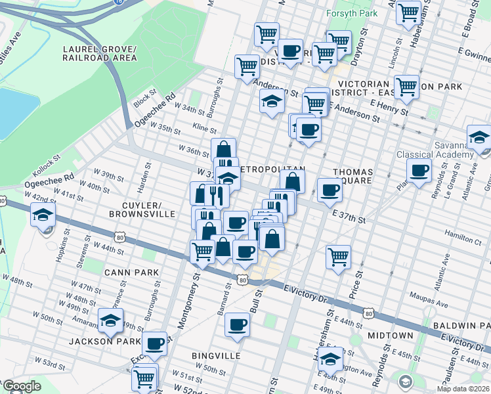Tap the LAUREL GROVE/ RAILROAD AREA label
click(100, 53)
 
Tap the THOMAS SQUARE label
click(352, 177)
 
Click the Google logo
click(22, 386)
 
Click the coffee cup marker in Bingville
click(237, 324)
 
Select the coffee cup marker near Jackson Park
click(156, 343)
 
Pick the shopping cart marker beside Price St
click(339, 257)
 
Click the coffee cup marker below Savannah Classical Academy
click(419, 171)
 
